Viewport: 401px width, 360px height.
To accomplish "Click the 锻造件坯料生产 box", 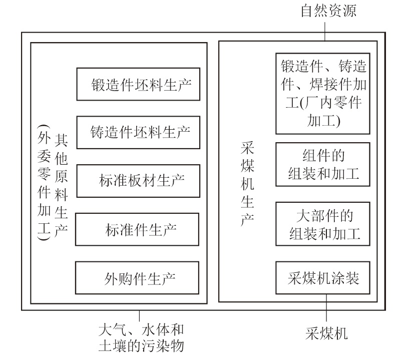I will [138, 83].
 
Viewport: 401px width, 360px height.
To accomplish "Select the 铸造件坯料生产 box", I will [138, 132].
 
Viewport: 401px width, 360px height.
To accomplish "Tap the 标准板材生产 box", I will [138, 181].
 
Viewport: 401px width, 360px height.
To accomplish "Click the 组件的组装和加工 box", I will [323, 164].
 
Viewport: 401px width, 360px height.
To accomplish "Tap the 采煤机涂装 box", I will [323, 278].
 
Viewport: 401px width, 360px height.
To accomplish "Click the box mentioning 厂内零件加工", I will [323, 93].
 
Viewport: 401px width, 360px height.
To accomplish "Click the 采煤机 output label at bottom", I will [326, 332].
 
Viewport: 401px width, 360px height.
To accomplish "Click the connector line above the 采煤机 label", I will [326, 310].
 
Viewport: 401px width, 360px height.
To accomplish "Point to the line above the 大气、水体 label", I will [139, 316].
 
